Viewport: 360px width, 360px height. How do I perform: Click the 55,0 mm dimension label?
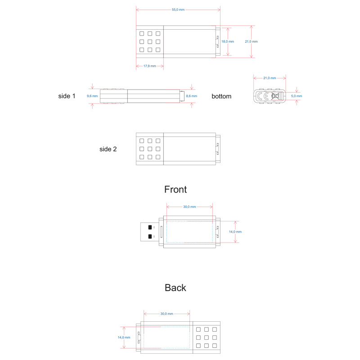178,9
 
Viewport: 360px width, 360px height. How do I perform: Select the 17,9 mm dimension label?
150,66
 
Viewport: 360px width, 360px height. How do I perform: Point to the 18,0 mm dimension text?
228,41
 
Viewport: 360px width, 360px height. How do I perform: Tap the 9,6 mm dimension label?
92,96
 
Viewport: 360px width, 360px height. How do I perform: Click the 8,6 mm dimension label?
192,96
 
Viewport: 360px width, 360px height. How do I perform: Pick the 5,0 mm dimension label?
297,96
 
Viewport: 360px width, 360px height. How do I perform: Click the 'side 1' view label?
67,96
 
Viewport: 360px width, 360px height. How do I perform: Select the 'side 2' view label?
108,149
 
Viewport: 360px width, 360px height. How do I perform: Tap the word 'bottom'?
221,96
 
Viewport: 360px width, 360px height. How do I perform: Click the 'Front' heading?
175,189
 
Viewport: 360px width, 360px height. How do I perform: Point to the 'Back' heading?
175,288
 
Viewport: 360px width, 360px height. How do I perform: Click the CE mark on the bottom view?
263,96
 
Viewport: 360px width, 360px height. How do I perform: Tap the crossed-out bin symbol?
275,96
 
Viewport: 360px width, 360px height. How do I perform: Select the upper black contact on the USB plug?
150,227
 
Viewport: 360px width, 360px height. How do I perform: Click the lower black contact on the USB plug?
150,236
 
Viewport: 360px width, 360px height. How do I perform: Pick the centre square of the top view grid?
150,41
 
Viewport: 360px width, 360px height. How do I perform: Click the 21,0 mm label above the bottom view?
270,78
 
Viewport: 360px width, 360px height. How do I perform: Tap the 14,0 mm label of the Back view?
124,337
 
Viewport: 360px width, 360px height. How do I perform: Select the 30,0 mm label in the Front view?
189,207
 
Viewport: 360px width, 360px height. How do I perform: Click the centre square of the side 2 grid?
150,149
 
